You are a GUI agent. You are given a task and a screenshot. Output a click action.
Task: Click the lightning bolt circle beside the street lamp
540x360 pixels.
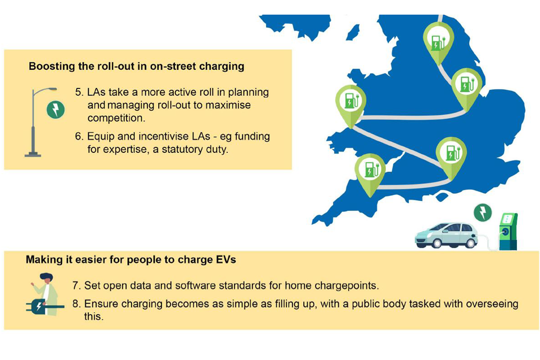[x=56, y=110]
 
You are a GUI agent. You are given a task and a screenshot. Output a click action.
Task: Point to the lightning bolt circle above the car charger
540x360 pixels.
[x=483, y=213]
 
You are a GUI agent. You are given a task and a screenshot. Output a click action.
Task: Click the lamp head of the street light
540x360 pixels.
[x=51, y=89]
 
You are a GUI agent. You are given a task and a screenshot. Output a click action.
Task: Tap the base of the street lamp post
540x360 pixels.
[x=33, y=154]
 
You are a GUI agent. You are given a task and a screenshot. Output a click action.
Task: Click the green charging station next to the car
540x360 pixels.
[x=508, y=232]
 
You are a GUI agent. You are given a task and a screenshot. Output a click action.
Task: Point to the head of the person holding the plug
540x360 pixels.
[x=46, y=278]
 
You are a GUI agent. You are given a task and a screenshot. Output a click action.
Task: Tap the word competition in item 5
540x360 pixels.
[x=116, y=118]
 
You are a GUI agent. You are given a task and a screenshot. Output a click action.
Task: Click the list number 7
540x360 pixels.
[x=76, y=286]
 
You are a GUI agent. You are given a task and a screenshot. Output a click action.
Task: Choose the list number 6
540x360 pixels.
[x=79, y=137]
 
